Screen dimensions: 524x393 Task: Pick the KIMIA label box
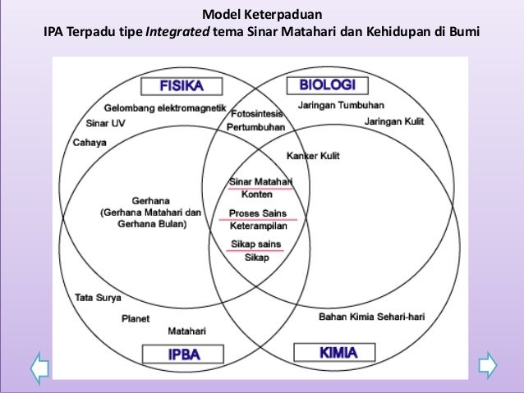(x=326, y=354)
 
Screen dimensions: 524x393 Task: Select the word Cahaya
(x=90, y=141)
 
